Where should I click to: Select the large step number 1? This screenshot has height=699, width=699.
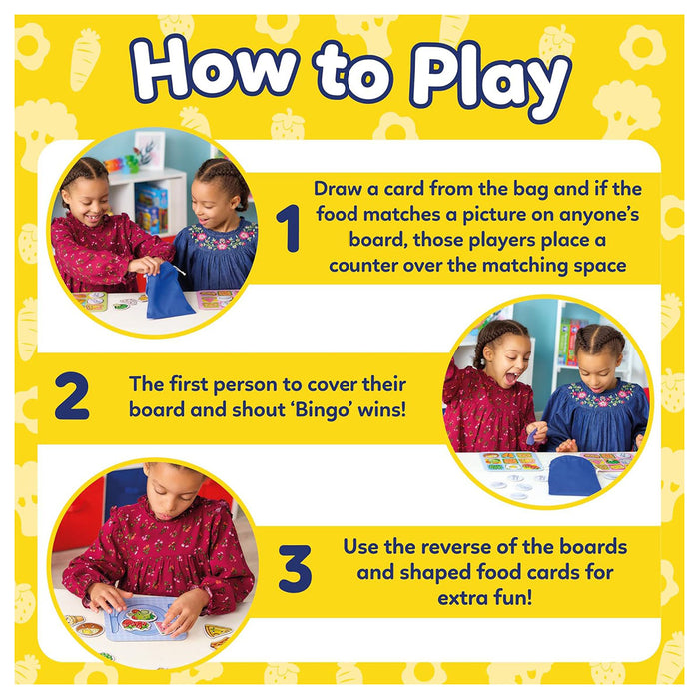coord(289,228)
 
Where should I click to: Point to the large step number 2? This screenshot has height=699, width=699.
coord(72,395)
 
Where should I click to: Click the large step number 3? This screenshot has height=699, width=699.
coord(295,568)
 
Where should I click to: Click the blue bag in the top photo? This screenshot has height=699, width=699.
coord(168,292)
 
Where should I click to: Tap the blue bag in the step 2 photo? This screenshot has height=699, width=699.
coord(574,476)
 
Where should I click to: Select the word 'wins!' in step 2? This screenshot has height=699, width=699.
coord(383,410)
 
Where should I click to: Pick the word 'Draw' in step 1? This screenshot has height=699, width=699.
coord(338,188)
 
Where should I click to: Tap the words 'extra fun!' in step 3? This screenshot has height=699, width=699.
coord(484,598)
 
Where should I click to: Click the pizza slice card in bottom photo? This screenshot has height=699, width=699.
coord(218,630)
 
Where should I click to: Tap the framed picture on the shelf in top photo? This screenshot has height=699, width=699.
coord(150,149)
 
